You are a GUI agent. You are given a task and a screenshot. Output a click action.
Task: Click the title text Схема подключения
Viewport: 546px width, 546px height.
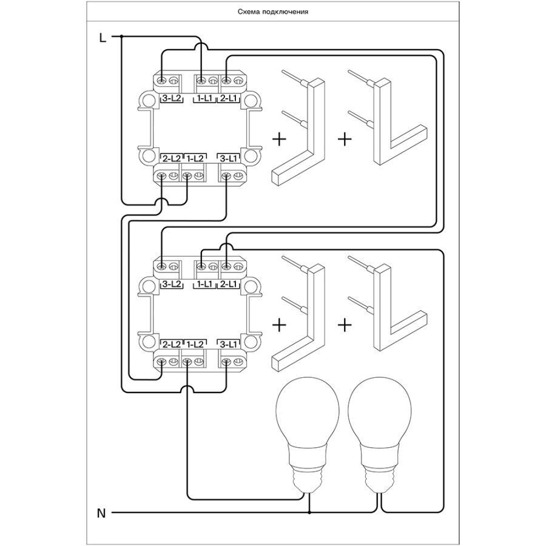pos(273,12)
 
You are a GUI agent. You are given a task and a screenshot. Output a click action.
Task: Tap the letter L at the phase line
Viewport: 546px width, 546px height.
pos(103,38)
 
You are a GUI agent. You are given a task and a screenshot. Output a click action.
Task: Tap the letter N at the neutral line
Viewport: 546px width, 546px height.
pos(102,513)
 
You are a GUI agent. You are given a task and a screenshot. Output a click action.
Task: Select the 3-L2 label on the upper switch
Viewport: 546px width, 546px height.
pos(172,98)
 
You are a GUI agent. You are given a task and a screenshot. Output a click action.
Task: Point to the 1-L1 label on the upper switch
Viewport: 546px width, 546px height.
pos(203,98)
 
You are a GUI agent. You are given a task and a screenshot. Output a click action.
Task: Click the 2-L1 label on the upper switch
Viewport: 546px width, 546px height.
pos(229,98)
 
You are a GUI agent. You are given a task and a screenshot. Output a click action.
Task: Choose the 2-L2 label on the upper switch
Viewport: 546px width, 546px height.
pos(171,158)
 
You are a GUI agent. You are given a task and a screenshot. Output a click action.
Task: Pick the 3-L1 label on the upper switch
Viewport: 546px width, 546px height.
pos(229,158)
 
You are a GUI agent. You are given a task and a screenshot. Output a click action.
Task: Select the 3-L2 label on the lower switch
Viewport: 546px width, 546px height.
pos(172,284)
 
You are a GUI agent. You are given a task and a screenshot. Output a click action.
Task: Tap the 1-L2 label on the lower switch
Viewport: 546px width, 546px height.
pos(194,345)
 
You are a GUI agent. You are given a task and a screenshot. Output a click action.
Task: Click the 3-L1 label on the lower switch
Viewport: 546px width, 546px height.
pos(229,345)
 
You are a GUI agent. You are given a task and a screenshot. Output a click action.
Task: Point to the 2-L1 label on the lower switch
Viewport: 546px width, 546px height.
pos(229,284)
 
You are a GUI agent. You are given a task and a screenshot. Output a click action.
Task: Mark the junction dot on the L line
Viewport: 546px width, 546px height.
pos(122,37)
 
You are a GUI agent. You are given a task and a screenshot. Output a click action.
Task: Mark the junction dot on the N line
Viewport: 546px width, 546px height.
pos(310,513)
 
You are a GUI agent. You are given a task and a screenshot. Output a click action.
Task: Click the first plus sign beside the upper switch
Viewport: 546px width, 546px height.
pos(279,140)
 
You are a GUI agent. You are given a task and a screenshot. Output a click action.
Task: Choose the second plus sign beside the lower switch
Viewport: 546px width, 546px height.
pos(344,325)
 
